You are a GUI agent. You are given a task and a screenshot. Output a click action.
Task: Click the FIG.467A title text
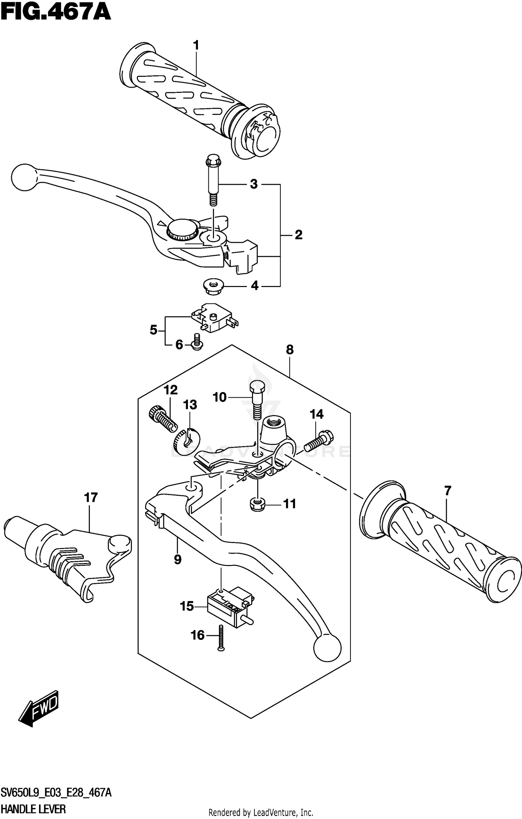[56, 13]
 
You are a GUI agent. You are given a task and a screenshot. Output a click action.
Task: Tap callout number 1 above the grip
[196, 45]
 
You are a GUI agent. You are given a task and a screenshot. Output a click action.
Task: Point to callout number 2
[299, 235]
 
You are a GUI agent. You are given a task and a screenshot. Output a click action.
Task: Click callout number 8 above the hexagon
[290, 350]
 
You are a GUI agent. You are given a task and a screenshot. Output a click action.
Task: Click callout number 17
[91, 497]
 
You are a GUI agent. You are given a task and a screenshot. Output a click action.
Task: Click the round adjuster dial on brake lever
[182, 228]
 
